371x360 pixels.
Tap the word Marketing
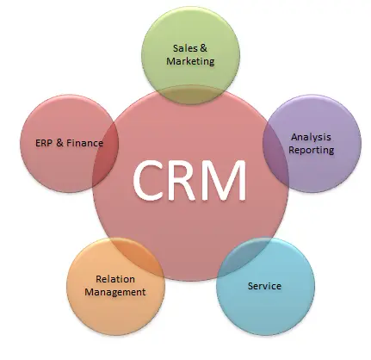click(190, 61)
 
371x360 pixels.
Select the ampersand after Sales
click(203, 48)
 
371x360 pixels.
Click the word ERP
click(43, 143)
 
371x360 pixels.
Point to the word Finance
click(85, 143)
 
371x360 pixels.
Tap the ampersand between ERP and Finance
click(59, 143)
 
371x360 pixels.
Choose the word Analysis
click(311, 138)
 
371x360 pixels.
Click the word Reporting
click(312, 150)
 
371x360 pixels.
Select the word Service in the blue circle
click(264, 286)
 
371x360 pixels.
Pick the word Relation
click(115, 279)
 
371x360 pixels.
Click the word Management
click(115, 292)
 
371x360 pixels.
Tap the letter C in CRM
click(149, 180)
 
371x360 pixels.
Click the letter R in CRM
click(182, 180)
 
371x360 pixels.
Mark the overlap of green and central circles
click(190, 95)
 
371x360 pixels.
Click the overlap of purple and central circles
click(275, 154)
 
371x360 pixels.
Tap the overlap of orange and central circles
click(135, 253)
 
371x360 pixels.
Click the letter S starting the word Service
click(250, 286)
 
